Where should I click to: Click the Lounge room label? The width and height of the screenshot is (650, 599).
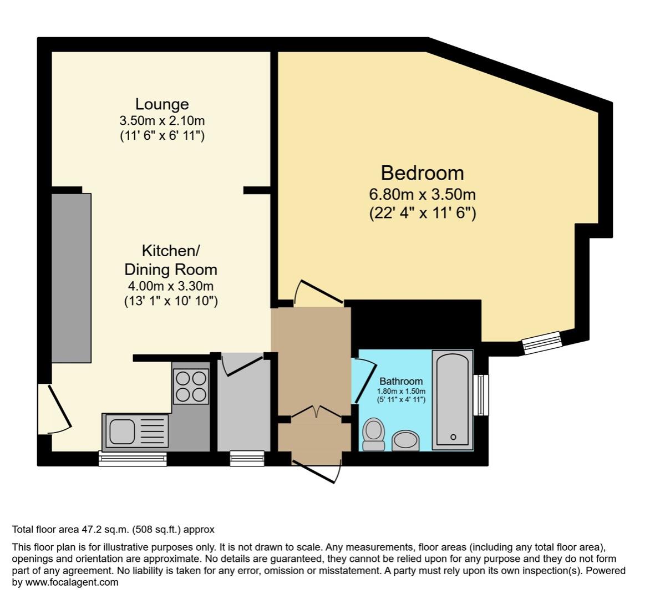[x=162, y=104]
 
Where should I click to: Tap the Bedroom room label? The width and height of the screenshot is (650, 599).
[x=422, y=173]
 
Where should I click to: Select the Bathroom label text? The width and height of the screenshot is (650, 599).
[x=401, y=382]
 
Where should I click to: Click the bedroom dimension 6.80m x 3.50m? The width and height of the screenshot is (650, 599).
[x=422, y=195]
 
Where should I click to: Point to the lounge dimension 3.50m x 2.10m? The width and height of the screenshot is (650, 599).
[x=162, y=120]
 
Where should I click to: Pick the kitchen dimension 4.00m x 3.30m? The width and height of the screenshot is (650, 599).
[x=170, y=286]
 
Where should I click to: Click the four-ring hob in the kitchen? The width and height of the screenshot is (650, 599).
[x=191, y=387]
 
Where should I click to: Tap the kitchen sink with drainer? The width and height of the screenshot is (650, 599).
[x=136, y=432]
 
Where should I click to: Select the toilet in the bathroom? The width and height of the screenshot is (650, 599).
[x=374, y=434]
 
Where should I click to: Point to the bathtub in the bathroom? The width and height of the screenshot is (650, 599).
[x=454, y=399]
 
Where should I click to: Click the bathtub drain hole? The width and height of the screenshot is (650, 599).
[x=454, y=437]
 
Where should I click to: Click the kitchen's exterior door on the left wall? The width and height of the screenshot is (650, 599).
[x=55, y=409]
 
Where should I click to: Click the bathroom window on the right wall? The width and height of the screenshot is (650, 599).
[x=483, y=395]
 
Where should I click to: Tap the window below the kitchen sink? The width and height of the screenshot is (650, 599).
[x=133, y=458]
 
